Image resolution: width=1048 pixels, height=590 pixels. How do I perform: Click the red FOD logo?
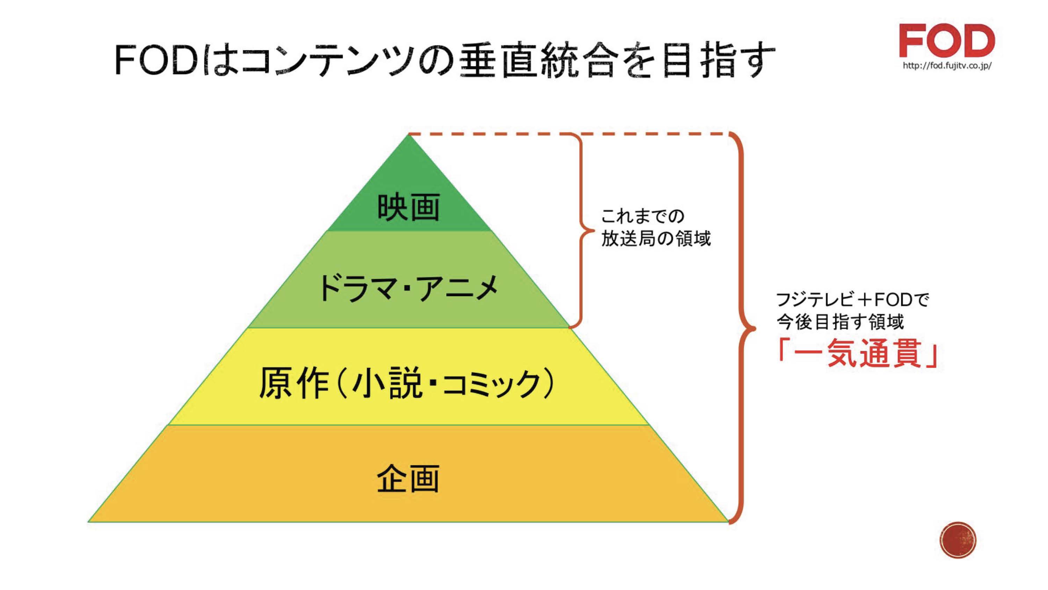click(947, 40)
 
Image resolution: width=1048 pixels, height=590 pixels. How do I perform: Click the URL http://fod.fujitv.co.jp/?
click(947, 66)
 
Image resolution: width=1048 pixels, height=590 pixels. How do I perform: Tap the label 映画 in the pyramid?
click(408, 208)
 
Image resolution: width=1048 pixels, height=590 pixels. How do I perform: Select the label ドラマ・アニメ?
click(408, 288)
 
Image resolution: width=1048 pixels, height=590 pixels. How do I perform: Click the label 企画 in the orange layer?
click(408, 479)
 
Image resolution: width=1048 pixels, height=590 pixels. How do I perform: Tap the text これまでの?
click(643, 216)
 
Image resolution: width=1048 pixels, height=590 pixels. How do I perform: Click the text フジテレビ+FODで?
click(853, 300)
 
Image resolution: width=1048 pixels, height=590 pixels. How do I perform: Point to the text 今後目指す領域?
click(840, 322)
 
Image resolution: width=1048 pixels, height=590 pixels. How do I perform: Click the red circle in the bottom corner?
click(958, 540)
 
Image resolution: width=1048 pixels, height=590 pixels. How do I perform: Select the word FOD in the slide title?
click(156, 61)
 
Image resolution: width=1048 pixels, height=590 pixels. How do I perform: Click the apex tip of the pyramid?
click(408, 136)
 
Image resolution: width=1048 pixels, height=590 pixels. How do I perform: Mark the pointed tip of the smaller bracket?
click(592, 231)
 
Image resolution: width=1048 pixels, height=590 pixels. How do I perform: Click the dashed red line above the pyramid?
click(569, 134)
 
